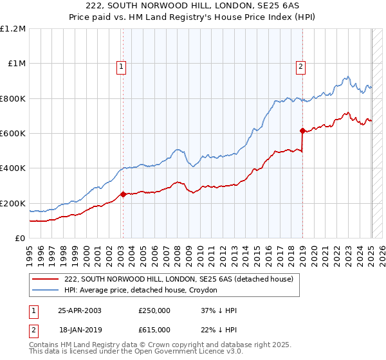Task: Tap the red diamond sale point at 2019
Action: (302, 130)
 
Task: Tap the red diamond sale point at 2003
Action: (123, 194)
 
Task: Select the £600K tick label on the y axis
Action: (12, 133)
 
